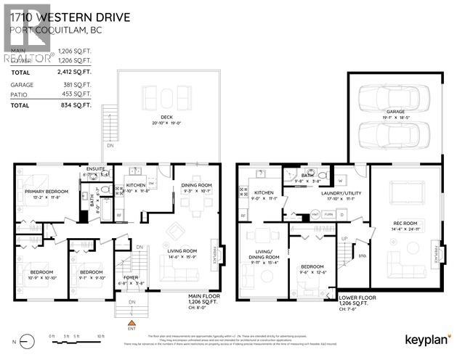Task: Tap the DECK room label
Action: pos(167,119)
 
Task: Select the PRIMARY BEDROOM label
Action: pos(43,192)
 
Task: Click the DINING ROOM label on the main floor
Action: pos(196,186)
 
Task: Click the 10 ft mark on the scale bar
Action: pos(100,336)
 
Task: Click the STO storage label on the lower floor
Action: pos(363,255)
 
